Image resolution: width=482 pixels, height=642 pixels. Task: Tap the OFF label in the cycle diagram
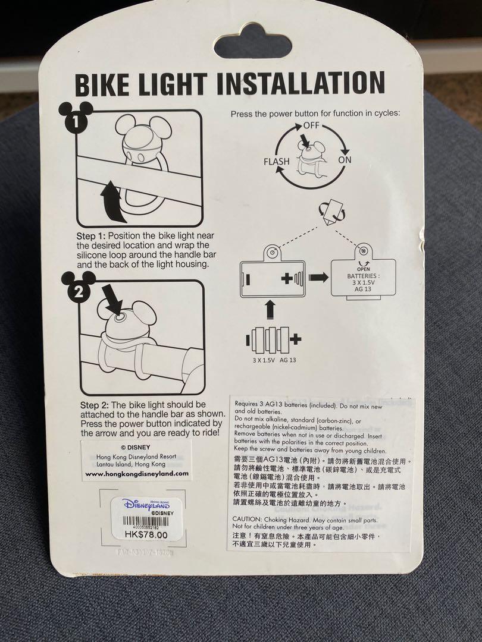[x=311, y=125]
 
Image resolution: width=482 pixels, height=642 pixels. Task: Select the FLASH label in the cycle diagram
[x=277, y=161]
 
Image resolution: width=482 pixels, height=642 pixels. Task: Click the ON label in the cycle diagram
[x=345, y=159]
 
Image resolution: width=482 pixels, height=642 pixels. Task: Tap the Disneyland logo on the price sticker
[x=146, y=504]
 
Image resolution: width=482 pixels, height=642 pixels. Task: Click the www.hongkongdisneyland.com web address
[x=137, y=474]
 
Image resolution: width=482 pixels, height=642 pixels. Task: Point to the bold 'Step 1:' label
[x=94, y=236]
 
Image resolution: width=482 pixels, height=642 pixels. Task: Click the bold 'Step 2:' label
[x=94, y=405]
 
